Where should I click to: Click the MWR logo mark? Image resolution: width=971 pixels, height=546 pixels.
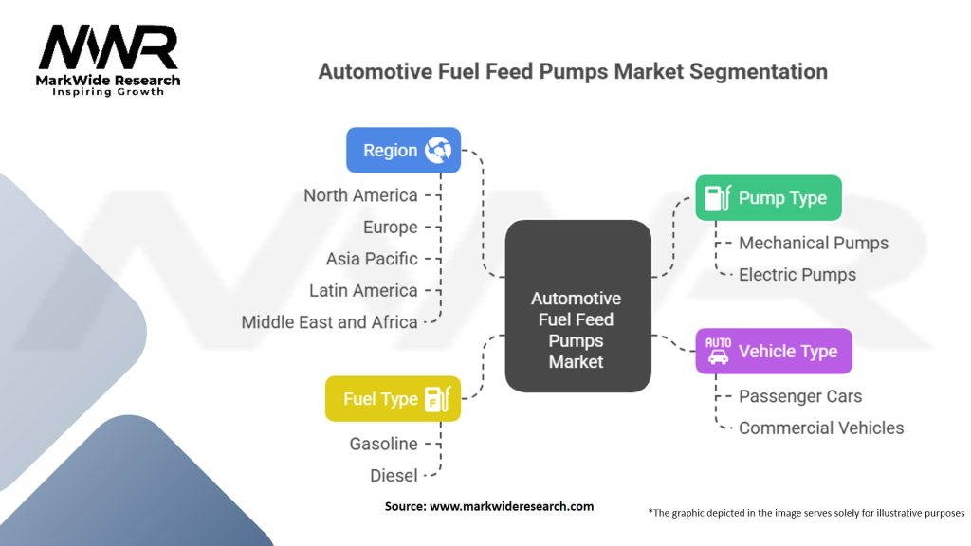point(107,47)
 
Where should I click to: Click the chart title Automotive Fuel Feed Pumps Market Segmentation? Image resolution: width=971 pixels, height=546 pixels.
point(573,71)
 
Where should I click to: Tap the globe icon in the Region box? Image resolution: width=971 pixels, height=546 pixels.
point(438,150)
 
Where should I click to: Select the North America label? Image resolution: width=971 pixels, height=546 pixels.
point(360,195)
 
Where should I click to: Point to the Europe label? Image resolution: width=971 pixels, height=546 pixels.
point(390,227)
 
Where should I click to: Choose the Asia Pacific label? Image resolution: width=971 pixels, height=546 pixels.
point(372,259)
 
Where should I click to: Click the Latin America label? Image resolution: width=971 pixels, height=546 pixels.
point(363,290)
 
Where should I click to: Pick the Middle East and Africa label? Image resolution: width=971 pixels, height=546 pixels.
point(329,322)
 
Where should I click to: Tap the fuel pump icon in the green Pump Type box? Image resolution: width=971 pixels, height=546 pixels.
point(716,197)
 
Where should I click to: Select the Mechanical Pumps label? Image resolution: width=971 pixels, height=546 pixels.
point(814,243)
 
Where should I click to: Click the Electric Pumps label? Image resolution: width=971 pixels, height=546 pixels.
point(797,275)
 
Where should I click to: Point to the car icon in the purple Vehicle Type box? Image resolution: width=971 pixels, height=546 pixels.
point(718,351)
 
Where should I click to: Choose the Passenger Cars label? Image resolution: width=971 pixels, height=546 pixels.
point(800,396)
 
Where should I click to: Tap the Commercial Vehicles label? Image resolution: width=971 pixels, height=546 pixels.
point(821,428)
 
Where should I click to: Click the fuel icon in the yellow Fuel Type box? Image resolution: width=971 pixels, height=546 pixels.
point(437,399)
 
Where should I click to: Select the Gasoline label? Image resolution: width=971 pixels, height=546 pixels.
point(383,444)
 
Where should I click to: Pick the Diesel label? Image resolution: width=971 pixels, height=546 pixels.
point(394,475)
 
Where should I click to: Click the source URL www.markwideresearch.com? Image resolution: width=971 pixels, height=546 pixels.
point(511,506)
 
